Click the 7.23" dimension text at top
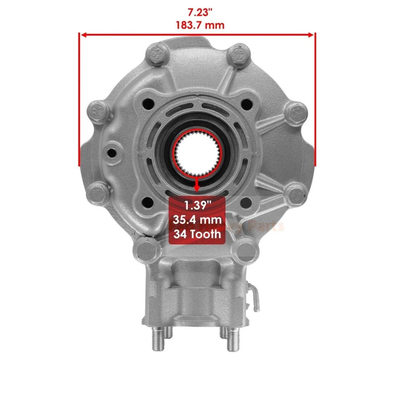click(197, 13)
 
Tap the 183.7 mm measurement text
click(197, 25)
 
